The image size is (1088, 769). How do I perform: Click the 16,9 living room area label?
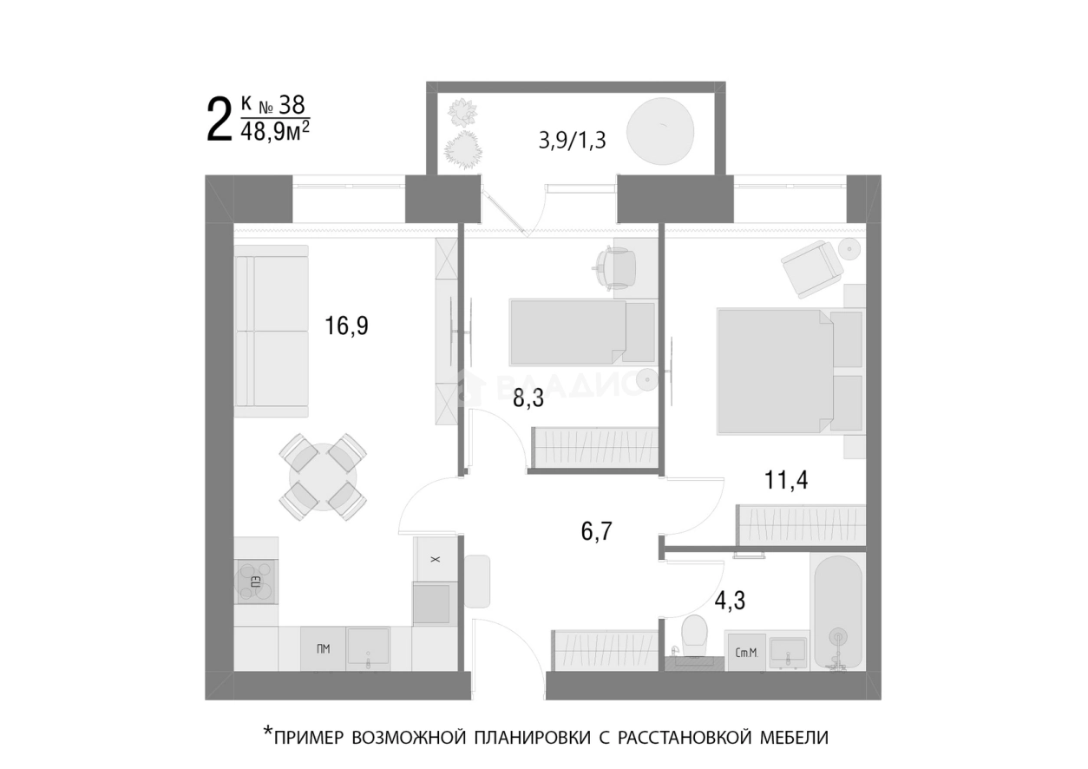click(346, 325)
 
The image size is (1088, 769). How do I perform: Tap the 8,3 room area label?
click(528, 399)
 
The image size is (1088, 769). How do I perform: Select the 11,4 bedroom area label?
click(786, 480)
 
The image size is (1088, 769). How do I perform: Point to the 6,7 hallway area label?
click(596, 531)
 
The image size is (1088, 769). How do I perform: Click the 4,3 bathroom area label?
click(730, 601)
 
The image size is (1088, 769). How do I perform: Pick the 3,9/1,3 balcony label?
click(572, 141)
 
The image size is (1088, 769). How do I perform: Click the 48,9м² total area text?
click(275, 131)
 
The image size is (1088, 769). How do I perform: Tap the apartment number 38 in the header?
click(292, 105)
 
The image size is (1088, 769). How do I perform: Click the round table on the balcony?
click(660, 131)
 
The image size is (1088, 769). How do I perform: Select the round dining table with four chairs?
click(323, 477)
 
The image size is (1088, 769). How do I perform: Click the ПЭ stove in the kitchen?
click(256, 582)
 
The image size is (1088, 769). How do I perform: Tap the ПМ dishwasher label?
click(323, 649)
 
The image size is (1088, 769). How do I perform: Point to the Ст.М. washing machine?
click(746, 652)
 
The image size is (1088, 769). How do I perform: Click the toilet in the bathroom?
click(694, 635)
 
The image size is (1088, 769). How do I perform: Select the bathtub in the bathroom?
click(838, 613)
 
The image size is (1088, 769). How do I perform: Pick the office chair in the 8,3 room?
click(614, 269)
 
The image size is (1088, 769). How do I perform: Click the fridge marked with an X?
click(436, 559)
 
